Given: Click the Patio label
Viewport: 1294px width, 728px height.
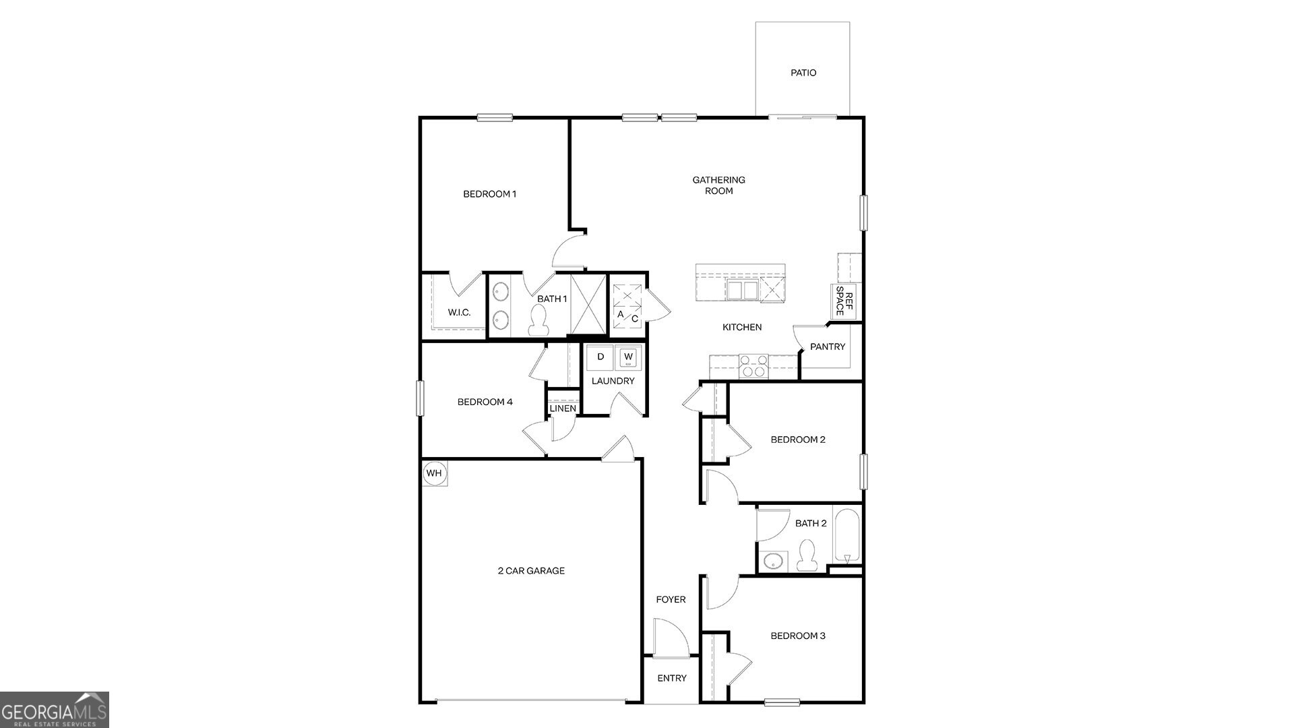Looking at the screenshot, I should (803, 73).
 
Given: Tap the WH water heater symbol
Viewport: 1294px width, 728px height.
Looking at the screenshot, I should (434, 473).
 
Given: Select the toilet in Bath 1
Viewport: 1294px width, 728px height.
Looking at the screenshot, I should (538, 320).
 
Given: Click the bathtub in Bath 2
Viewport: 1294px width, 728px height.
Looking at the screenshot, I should (847, 537).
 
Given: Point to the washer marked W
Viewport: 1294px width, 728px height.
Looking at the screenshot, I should (628, 357).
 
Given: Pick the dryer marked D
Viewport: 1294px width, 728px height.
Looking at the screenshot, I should (600, 357).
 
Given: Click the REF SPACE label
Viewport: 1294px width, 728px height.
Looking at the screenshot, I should (844, 301).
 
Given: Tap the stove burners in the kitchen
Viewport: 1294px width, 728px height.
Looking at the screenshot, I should (753, 366).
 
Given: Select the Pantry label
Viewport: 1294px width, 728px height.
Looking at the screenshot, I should (827, 346).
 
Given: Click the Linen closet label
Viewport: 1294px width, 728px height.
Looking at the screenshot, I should (563, 408).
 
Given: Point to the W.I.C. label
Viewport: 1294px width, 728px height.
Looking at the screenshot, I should (459, 313).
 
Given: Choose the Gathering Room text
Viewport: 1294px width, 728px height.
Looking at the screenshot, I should (718, 185).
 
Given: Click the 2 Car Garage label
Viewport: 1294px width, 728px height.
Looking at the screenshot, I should (531, 571).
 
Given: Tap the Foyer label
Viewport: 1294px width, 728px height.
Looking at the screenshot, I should (671, 599).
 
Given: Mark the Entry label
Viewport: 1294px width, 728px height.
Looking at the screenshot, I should (671, 678).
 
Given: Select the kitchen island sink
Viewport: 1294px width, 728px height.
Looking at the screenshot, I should (742, 291).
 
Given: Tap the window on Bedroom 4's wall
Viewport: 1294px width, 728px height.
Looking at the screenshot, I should (420, 398).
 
